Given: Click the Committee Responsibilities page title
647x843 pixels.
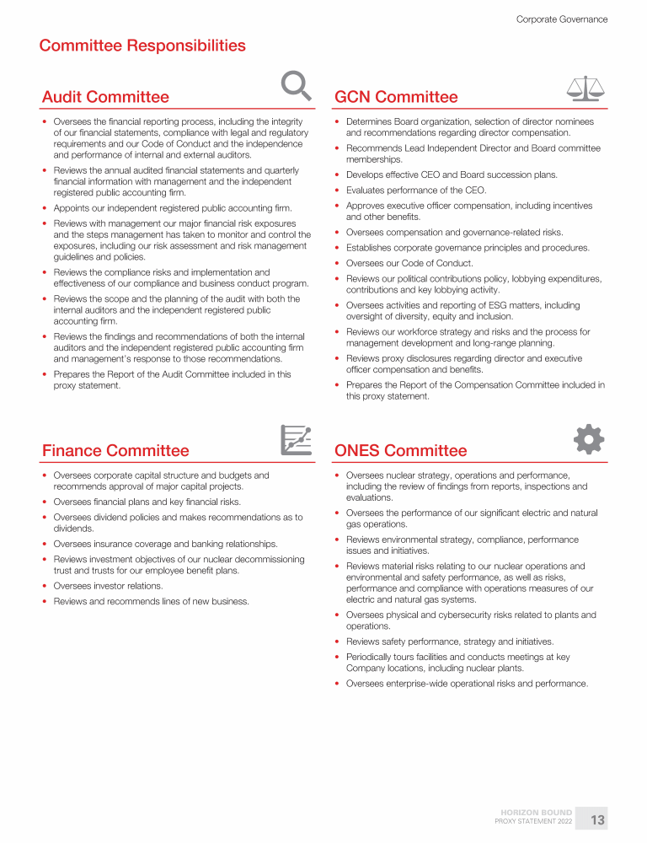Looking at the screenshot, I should pos(142,46).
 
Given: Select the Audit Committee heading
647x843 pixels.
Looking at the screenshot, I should pos(105,97).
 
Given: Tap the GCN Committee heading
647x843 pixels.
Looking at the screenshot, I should pos(396,97).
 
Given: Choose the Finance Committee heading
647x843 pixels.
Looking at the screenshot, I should pos(115,451).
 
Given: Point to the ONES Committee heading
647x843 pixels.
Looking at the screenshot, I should pos(400,451).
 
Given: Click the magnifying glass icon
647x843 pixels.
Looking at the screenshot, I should pos(295,86).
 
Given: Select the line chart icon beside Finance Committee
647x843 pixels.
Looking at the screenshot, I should pos(296,439).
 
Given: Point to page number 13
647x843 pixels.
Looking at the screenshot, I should pos(597,819).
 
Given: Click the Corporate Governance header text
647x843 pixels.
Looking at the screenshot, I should pos(561,19).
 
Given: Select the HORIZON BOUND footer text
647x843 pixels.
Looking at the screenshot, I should pos(537,813).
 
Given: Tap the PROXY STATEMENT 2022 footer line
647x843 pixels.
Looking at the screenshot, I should pos(533,822).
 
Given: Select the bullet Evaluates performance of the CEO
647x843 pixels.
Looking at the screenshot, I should pos(416,191).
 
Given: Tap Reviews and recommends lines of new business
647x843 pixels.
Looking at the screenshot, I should pos(151,601).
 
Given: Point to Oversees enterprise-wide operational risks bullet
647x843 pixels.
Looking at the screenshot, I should pos(467,683).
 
